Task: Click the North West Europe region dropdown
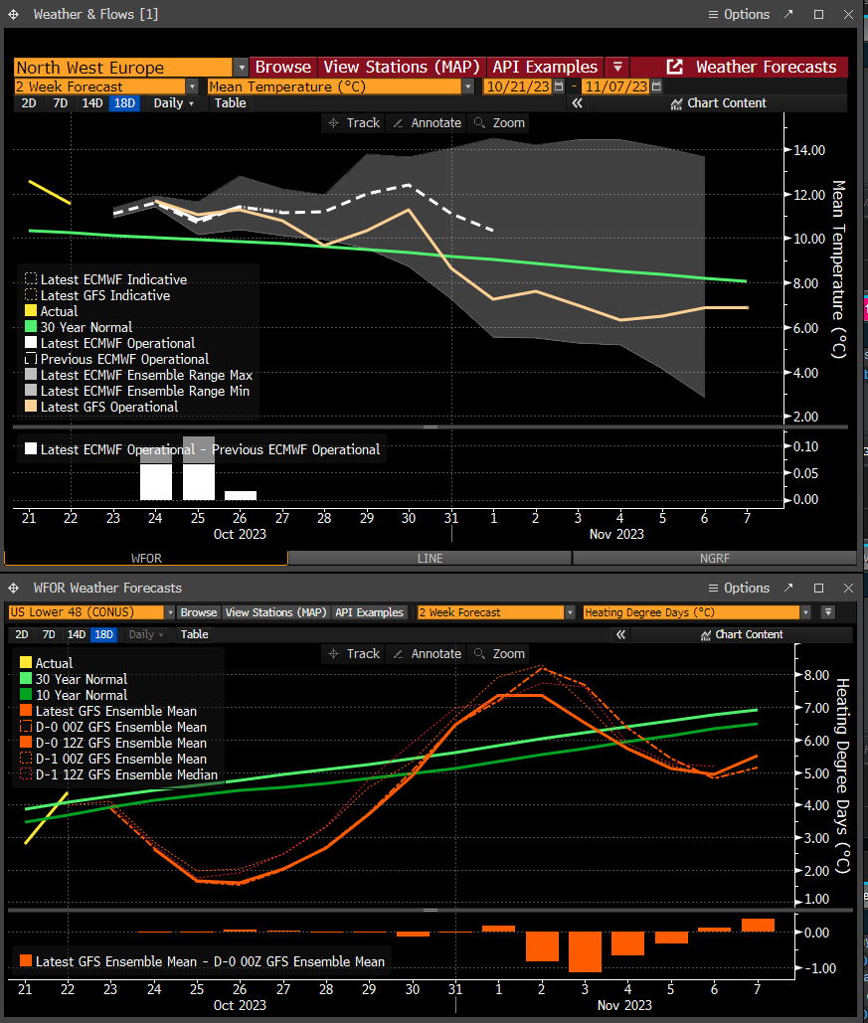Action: (x=130, y=68)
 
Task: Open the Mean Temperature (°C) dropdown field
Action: (x=341, y=86)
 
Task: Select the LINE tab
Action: (x=430, y=559)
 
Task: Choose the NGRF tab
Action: (x=715, y=559)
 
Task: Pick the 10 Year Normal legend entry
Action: (x=74, y=696)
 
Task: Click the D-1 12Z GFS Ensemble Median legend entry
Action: (x=118, y=775)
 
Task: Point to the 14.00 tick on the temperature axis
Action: (x=808, y=150)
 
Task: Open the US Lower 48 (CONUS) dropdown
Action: (x=91, y=612)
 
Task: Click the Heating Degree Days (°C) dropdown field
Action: (x=697, y=612)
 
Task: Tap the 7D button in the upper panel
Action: (x=60, y=103)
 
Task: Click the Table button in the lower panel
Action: (x=195, y=634)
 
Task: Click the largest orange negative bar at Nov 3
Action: (x=585, y=951)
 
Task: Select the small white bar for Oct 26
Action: (x=241, y=496)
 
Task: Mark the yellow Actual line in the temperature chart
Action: (x=50, y=193)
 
